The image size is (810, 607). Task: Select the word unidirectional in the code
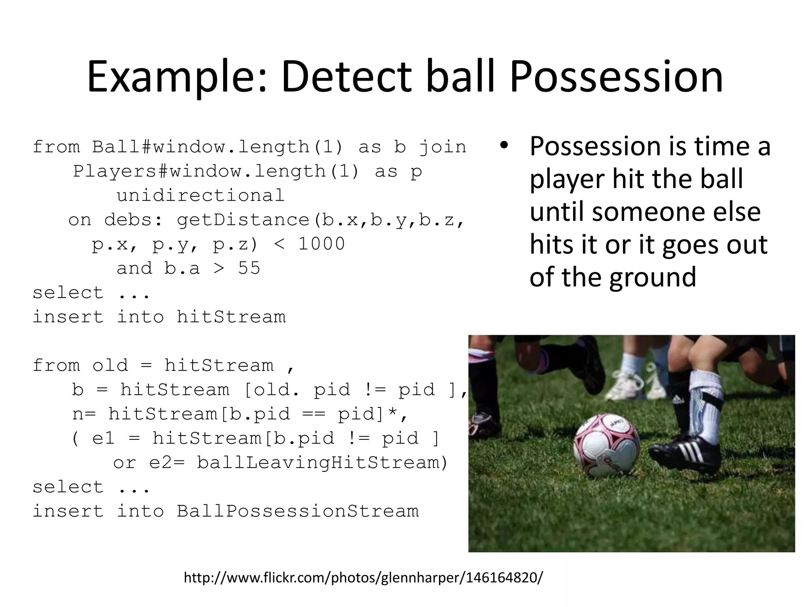coord(201,196)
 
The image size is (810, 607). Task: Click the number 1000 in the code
coord(321,244)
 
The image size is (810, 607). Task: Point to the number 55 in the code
coord(249,269)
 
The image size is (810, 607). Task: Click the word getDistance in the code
coord(243,220)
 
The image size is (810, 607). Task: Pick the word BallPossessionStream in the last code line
coord(297,511)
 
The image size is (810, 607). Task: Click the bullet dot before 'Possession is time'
coord(503,146)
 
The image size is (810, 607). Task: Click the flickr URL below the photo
coord(363,578)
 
